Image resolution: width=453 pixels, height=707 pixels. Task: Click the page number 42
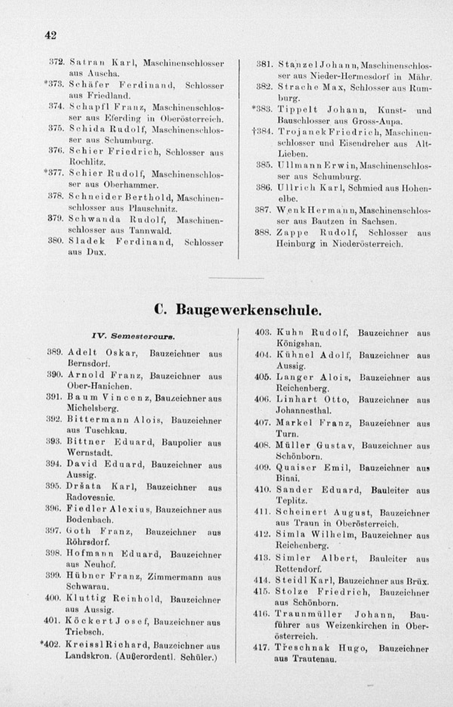[x=50, y=35]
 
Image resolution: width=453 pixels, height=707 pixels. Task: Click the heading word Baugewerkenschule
[x=248, y=310]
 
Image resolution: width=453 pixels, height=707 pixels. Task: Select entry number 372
[x=56, y=62]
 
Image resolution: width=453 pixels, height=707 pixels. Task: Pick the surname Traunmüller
[x=308, y=615]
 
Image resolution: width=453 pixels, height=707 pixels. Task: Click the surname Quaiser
[x=296, y=468]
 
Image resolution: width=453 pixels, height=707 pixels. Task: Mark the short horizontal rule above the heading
[x=236, y=278]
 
